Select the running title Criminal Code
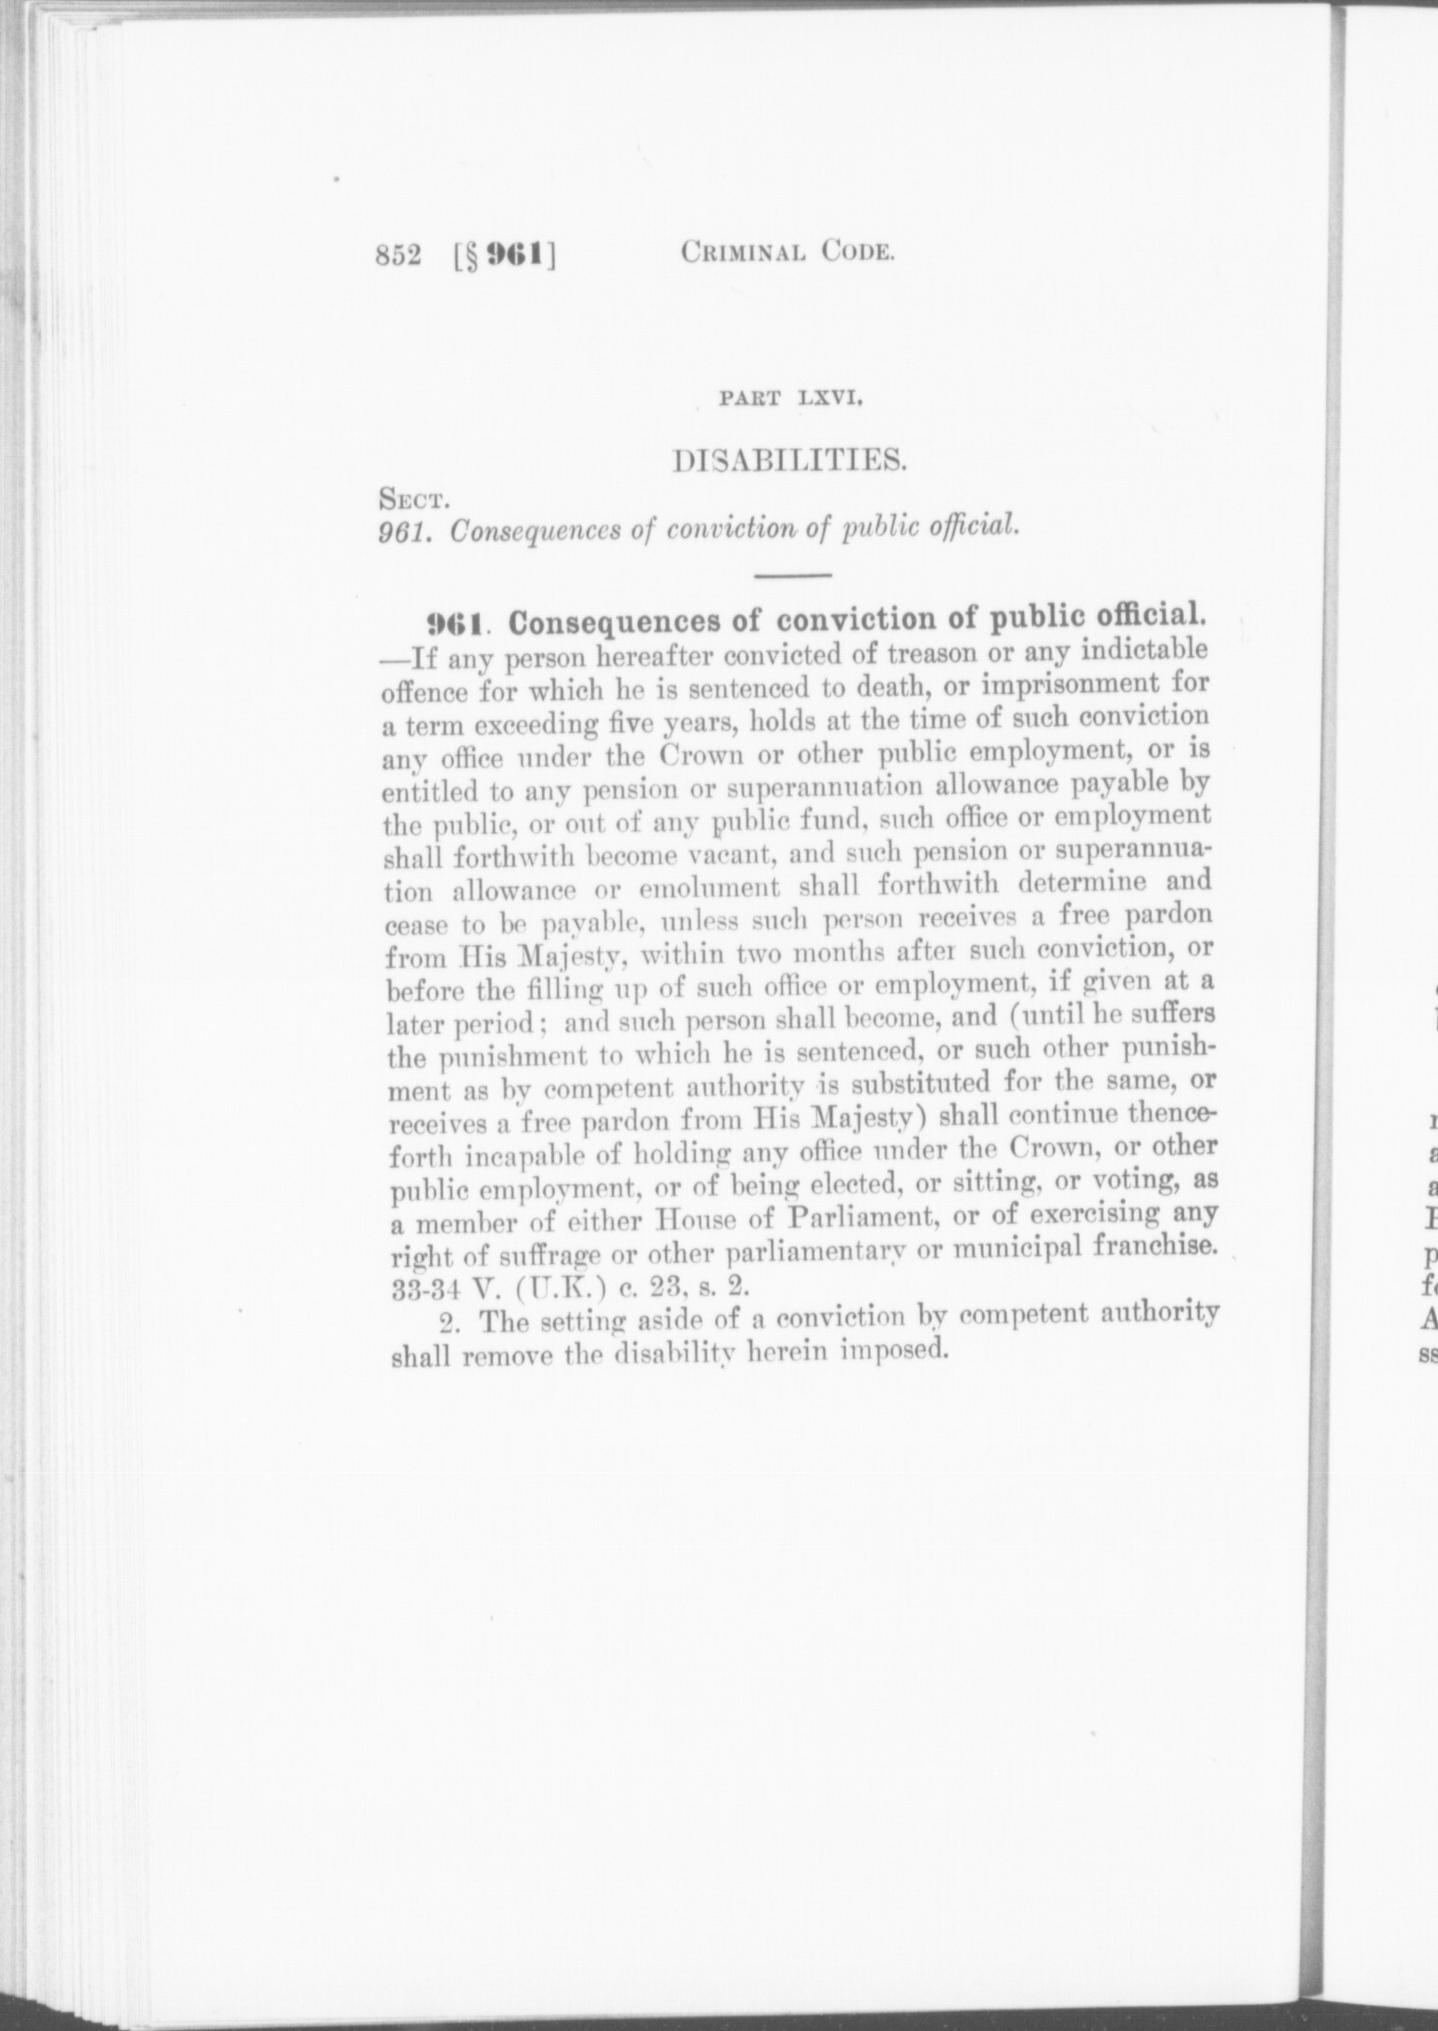click(787, 252)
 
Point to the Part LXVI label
click(792, 402)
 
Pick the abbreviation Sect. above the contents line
click(414, 503)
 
